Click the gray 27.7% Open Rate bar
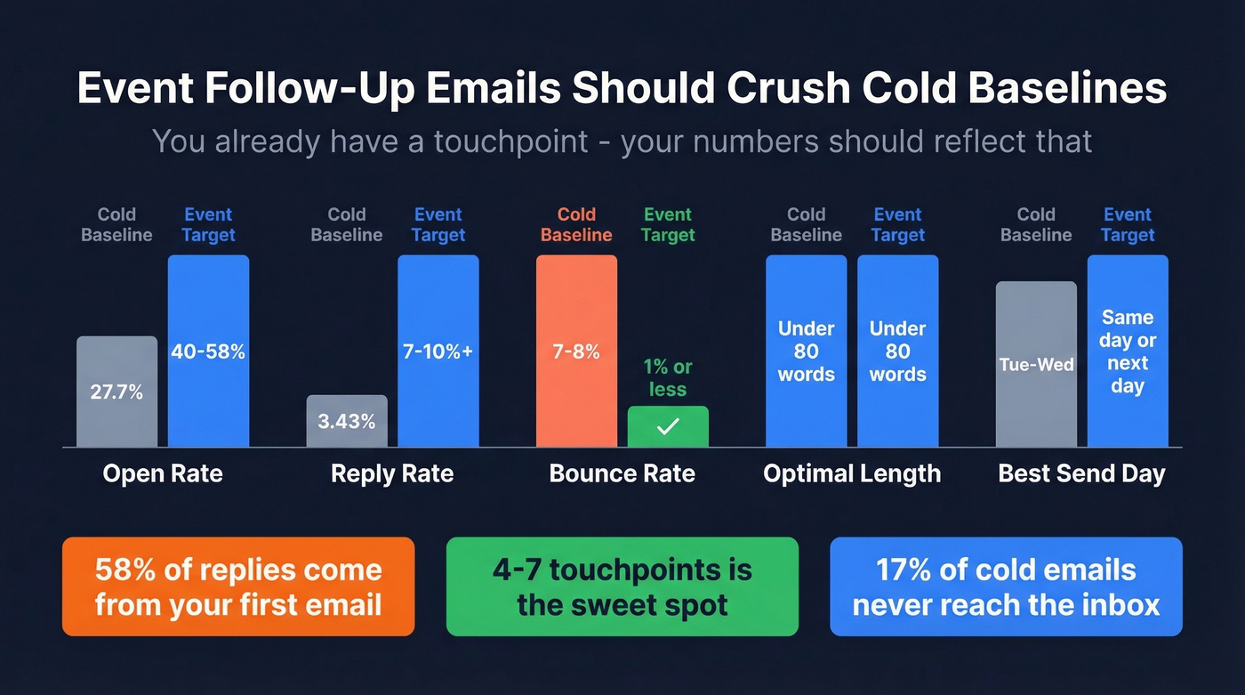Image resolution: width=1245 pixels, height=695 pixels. (116, 392)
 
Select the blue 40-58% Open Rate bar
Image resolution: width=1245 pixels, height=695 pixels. (208, 351)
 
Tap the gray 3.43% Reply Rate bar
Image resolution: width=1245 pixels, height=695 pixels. (346, 421)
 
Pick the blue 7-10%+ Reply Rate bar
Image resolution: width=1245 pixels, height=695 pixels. (438, 351)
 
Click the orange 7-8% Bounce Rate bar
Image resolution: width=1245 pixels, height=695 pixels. (576, 351)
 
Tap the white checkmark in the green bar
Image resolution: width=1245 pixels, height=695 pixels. (668, 427)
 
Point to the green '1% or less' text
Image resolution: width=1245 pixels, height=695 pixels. (668, 378)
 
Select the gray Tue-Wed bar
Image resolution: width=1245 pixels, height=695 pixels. (1036, 364)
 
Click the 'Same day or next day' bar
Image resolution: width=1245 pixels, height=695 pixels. (1128, 351)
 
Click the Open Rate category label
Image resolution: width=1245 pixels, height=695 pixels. (163, 473)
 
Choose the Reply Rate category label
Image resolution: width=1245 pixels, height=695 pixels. (392, 473)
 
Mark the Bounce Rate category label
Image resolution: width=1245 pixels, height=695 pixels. (622, 473)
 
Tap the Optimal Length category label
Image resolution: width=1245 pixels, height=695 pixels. (852, 473)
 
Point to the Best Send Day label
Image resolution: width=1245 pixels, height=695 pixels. (1081, 473)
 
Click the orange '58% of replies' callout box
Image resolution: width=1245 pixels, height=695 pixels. (238, 586)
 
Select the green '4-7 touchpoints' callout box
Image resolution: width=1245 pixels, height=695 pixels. (622, 586)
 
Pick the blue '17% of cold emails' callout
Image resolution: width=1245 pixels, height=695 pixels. (1006, 586)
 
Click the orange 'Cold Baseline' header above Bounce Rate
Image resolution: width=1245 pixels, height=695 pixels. (576, 224)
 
